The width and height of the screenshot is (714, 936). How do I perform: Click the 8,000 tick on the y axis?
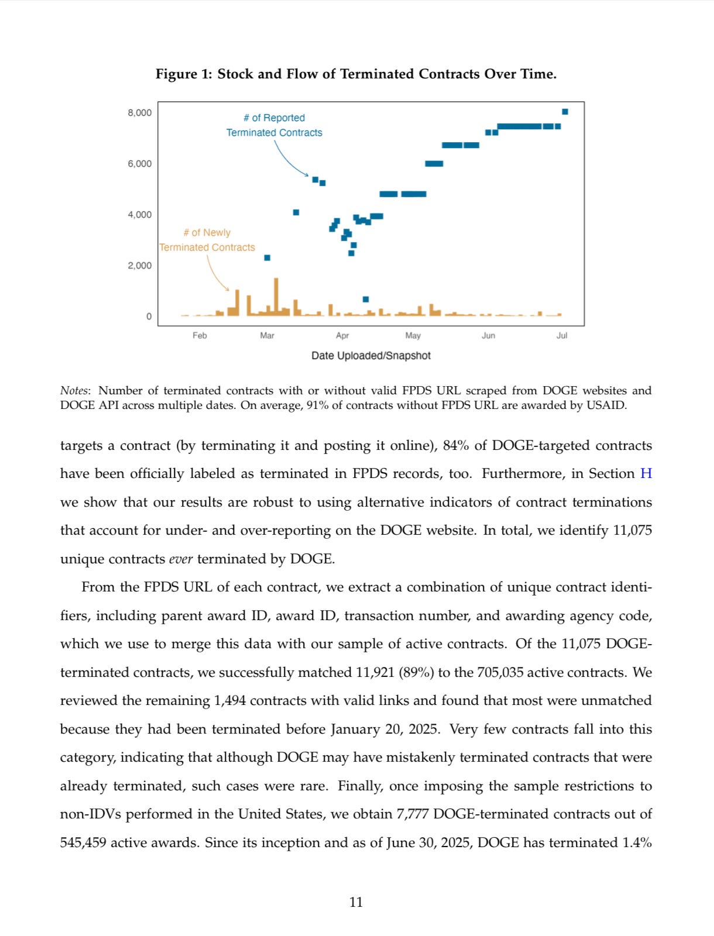(139, 113)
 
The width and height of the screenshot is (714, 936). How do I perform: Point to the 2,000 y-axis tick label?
(139, 266)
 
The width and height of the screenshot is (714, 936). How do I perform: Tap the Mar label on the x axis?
(267, 336)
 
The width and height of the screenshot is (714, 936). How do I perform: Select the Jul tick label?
(562, 336)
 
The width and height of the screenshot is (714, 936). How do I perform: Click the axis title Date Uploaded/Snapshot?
(371, 356)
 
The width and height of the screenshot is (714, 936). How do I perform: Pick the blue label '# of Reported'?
(274, 118)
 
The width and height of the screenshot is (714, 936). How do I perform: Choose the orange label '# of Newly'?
(207, 233)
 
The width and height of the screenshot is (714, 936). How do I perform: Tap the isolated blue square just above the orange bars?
(366, 300)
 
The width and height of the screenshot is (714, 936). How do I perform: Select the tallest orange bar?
(276, 297)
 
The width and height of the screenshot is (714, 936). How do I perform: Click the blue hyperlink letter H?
(646, 474)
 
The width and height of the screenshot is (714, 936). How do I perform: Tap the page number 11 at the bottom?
(356, 903)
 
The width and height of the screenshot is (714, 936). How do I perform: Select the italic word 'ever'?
(181, 559)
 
